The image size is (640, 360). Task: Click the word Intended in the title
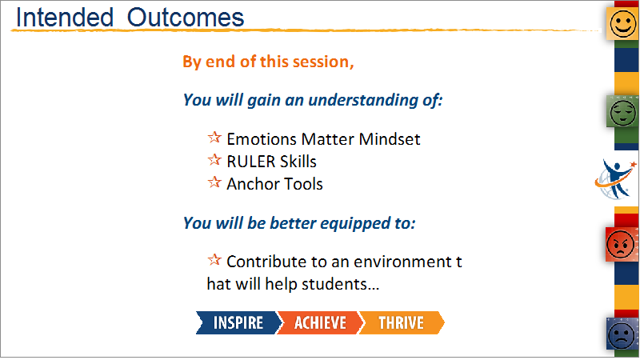click(x=65, y=18)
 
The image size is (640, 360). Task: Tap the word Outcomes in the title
click(x=186, y=18)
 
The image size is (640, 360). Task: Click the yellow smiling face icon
click(x=622, y=24)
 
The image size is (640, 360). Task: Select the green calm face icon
click(x=622, y=112)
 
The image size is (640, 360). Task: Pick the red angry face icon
click(x=621, y=245)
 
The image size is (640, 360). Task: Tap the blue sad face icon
click(x=622, y=334)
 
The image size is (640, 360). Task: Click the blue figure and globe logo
click(x=615, y=179)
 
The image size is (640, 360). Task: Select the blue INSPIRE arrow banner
click(x=238, y=323)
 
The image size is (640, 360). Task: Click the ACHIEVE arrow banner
click(x=320, y=323)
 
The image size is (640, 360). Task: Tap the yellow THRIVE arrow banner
click(x=402, y=323)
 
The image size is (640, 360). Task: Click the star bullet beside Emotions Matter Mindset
click(x=214, y=137)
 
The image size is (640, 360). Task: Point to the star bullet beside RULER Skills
click(x=214, y=159)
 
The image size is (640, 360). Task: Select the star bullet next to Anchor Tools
click(x=214, y=182)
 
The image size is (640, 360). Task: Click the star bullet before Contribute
click(x=214, y=259)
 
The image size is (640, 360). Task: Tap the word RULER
click(x=250, y=162)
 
